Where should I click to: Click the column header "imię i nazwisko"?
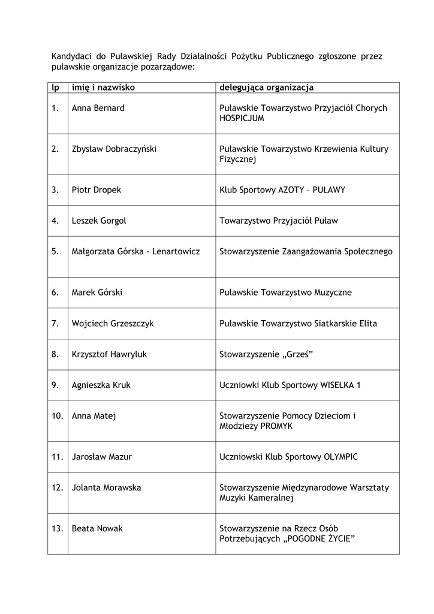coord(103,88)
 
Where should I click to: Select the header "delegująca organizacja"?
coord(267,88)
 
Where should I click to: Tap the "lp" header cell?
coord(55,88)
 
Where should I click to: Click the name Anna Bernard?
coord(98,108)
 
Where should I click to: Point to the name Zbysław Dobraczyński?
coord(114,149)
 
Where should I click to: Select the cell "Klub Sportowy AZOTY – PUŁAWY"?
coord(282,189)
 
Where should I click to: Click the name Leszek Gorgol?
coord(99,221)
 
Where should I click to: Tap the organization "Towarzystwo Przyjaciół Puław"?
coord(279,221)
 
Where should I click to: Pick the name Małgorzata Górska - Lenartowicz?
coord(135,251)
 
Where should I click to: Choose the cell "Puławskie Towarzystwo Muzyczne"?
coord(286,293)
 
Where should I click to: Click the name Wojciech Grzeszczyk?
coord(113,323)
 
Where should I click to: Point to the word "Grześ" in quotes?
coord(299,354)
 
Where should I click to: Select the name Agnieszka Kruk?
coord(101,385)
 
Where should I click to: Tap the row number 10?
coord(58,416)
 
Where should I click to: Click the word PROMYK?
coord(276,426)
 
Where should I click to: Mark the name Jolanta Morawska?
coord(106,487)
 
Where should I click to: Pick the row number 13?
coord(58,528)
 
